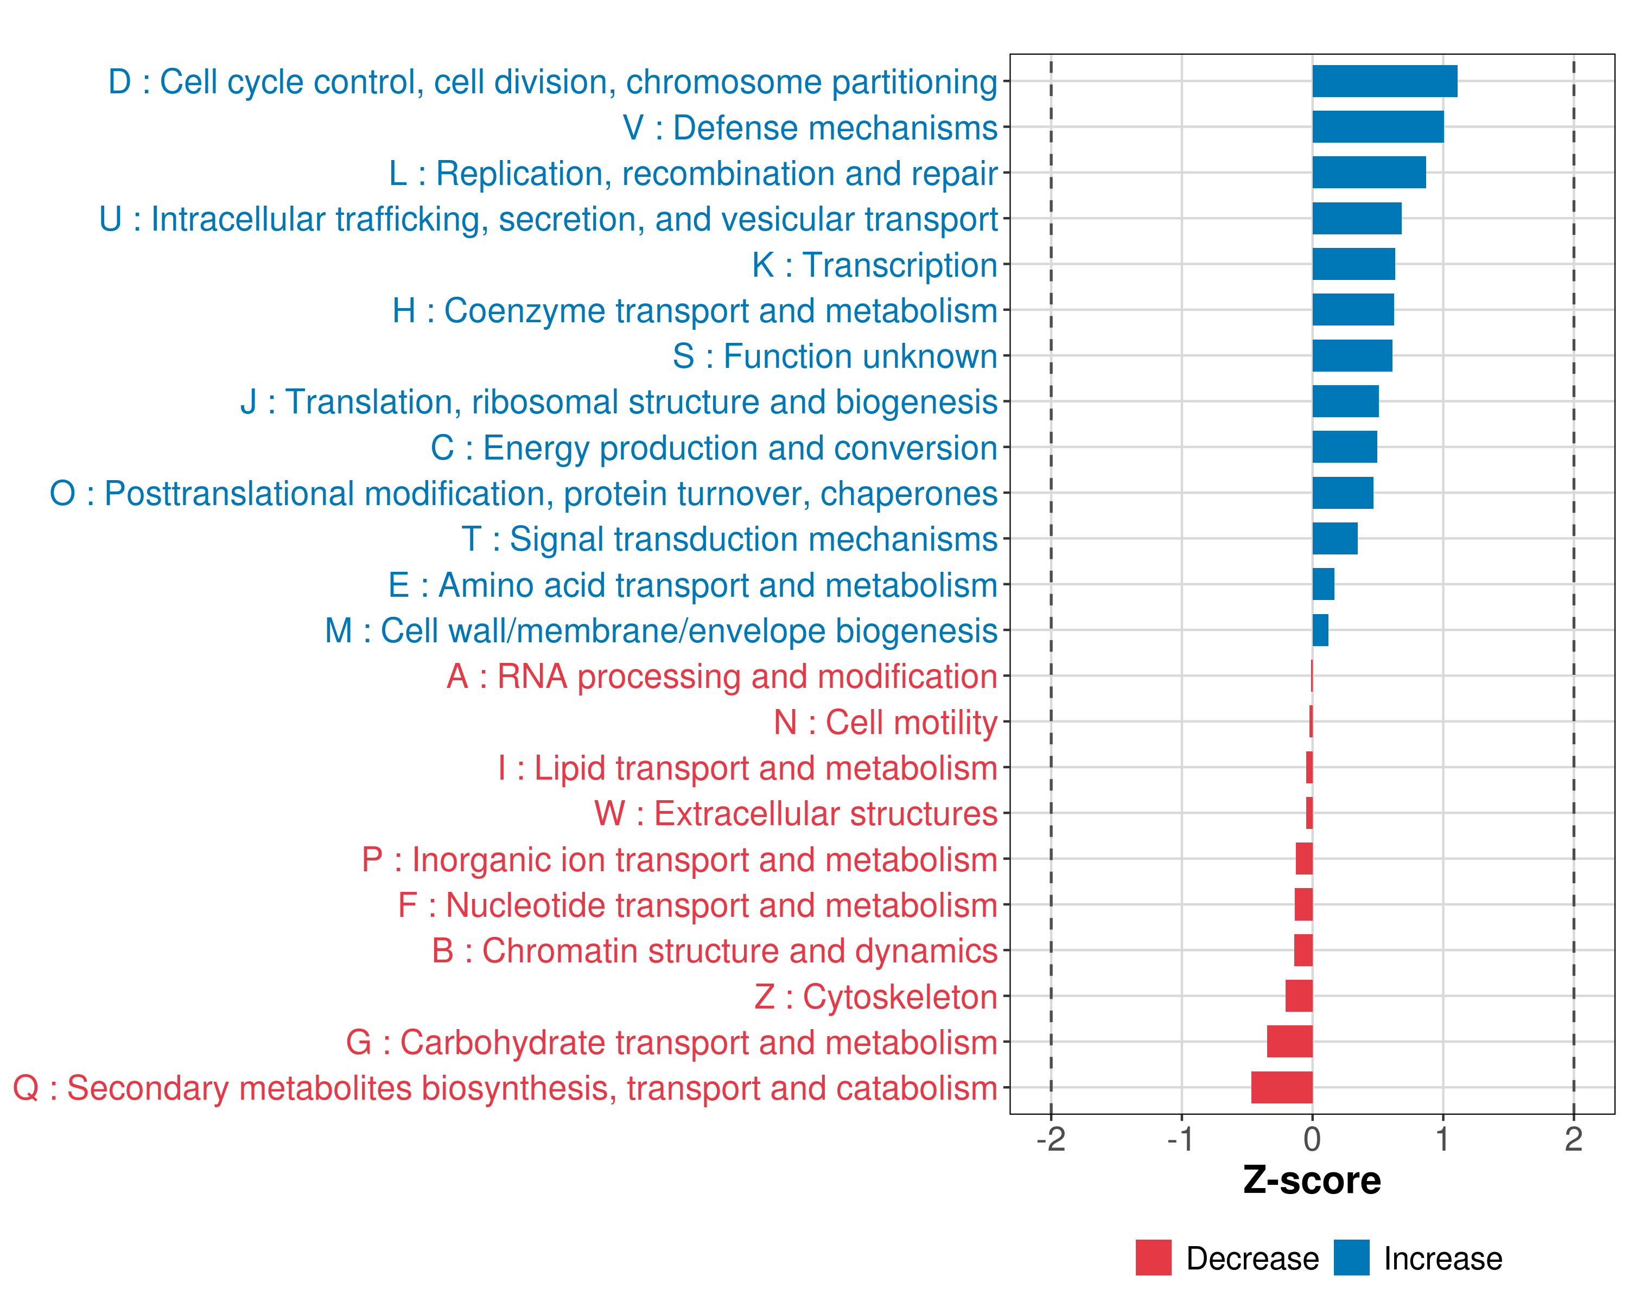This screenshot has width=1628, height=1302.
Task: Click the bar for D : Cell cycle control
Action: pos(1384,81)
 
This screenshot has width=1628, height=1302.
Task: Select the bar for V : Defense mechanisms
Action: pos(1377,127)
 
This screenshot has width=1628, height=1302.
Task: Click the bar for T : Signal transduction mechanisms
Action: pos(1334,539)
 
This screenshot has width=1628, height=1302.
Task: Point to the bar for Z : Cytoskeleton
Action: pos(1299,997)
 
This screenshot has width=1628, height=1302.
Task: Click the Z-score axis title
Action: pos(1312,1180)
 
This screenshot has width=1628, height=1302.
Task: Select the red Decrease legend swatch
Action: pos(1153,1258)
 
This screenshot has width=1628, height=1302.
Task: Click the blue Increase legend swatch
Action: pos(1351,1258)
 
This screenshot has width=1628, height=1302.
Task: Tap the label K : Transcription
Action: pos(874,265)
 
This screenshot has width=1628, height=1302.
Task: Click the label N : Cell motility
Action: pos(885,722)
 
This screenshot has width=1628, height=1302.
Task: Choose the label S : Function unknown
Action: pos(835,356)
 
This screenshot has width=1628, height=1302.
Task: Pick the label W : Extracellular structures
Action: pos(796,814)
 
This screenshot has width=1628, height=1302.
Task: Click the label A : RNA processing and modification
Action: pos(722,676)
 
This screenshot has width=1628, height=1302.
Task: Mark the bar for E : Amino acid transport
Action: pos(1323,584)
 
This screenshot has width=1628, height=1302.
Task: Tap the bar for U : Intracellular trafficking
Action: pos(1356,219)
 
